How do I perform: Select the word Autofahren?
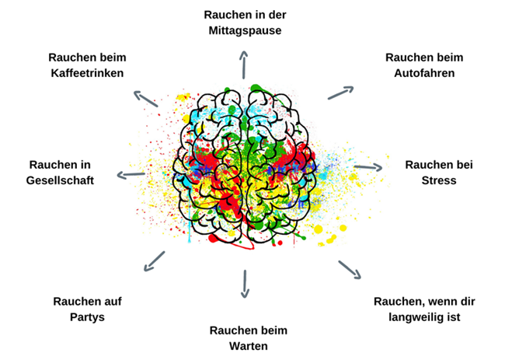pos(423,73)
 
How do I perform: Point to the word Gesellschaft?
pos(61,180)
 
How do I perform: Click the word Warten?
pos(247,346)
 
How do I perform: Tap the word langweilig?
pos(416,317)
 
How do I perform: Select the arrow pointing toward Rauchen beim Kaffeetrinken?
pos(145,99)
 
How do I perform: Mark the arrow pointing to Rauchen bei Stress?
pos(368,166)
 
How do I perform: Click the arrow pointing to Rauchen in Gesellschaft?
pos(130,174)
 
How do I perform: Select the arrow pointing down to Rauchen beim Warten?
pos(246,284)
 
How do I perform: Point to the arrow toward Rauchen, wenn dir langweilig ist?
pos(350,269)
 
